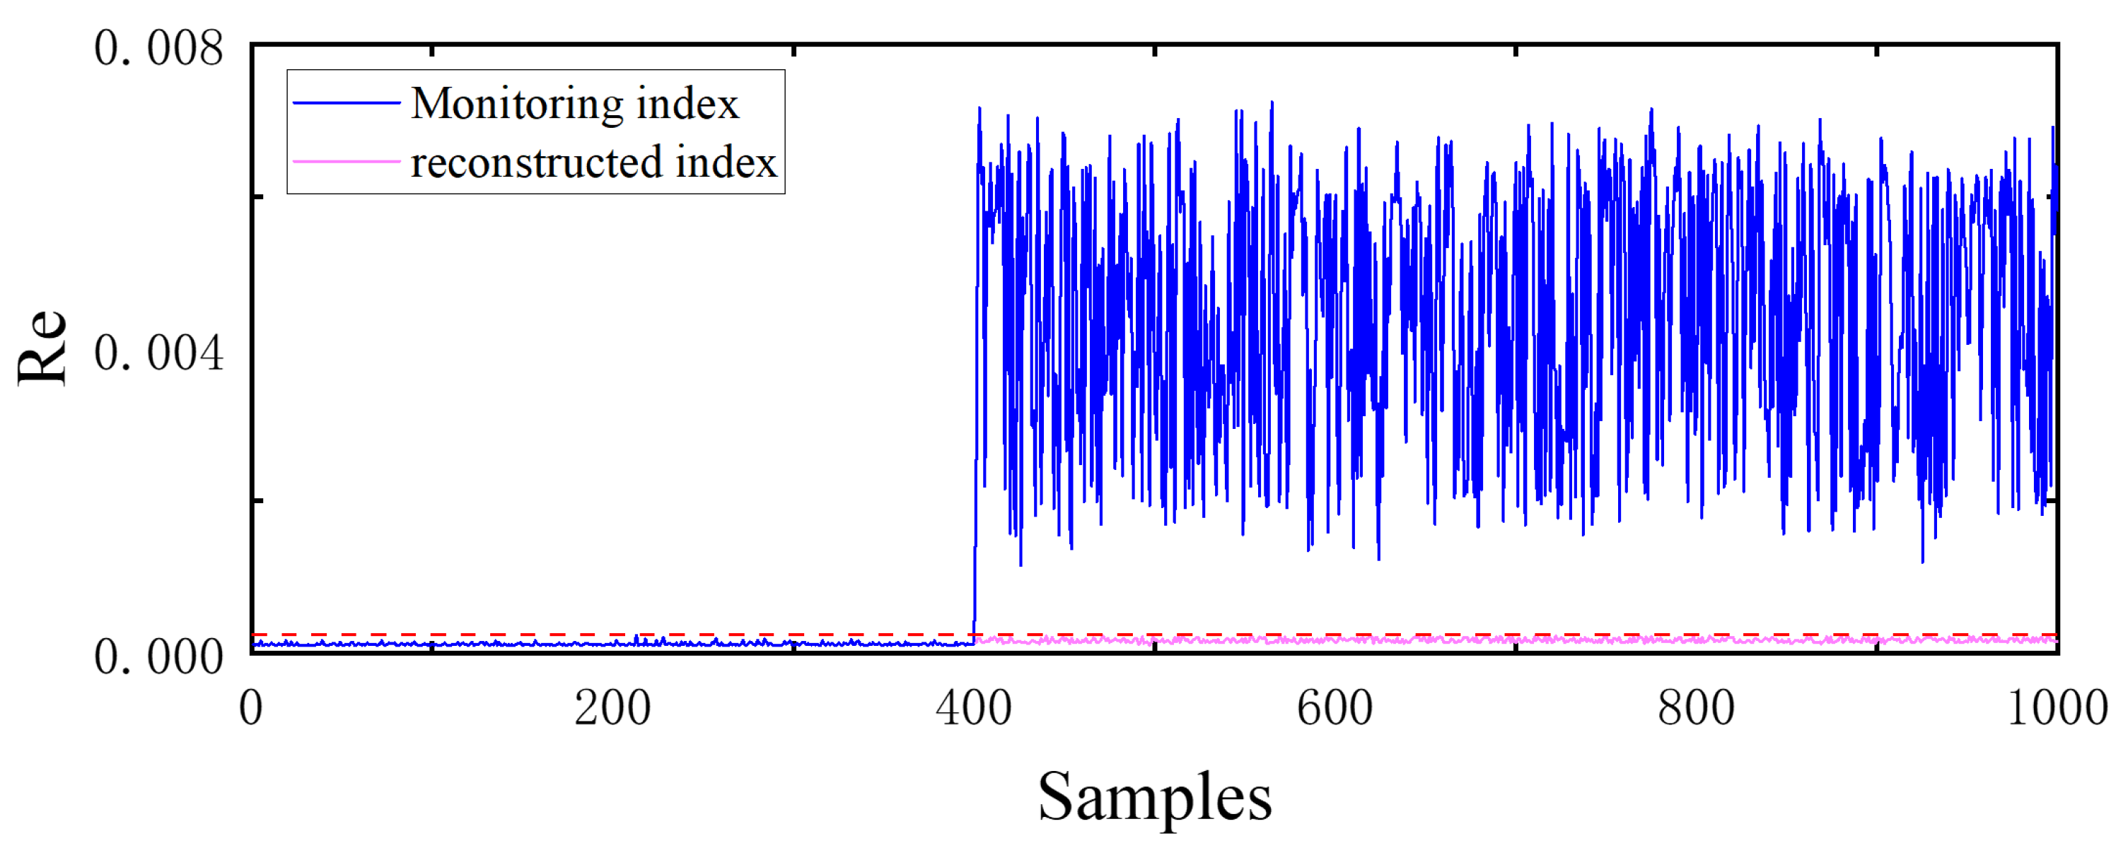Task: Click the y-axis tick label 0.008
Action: coord(158,48)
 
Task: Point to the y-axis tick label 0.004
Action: coord(158,353)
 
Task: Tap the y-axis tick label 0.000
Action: coord(158,657)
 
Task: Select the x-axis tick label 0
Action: coord(251,709)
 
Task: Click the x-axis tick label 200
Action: coord(612,709)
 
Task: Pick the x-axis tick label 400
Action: coord(973,709)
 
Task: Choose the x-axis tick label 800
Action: coord(1695,709)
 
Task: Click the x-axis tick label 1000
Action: coord(2057,709)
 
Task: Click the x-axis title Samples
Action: coord(1154,798)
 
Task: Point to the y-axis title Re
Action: coord(41,348)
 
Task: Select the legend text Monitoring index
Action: coord(574,104)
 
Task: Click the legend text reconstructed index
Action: coord(593,162)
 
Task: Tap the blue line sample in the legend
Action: coord(347,103)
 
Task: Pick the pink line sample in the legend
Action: coord(347,161)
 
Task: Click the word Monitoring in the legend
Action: coord(517,104)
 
